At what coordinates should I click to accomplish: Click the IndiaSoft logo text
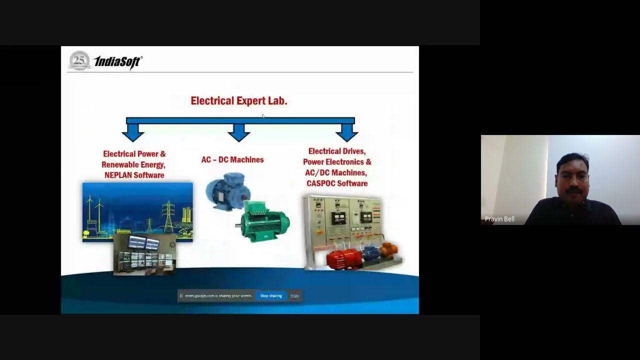[x=118, y=62]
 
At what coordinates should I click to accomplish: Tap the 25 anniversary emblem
[x=79, y=60]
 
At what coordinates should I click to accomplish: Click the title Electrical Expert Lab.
[x=238, y=100]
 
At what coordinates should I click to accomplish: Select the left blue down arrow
[x=133, y=132]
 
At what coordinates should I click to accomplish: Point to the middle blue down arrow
[x=239, y=132]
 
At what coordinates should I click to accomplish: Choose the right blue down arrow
[x=346, y=132]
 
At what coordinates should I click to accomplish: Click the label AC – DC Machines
[x=232, y=159]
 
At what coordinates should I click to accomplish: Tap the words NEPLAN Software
[x=134, y=175]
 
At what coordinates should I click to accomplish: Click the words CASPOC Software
[x=336, y=183]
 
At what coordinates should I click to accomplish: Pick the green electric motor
[x=263, y=221]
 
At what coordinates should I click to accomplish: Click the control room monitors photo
[x=144, y=254]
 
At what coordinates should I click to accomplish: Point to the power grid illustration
[x=137, y=207]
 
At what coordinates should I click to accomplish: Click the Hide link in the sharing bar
[x=294, y=296]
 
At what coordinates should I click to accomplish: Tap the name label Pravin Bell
[x=499, y=219]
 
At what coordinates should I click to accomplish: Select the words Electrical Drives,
[x=336, y=151]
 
